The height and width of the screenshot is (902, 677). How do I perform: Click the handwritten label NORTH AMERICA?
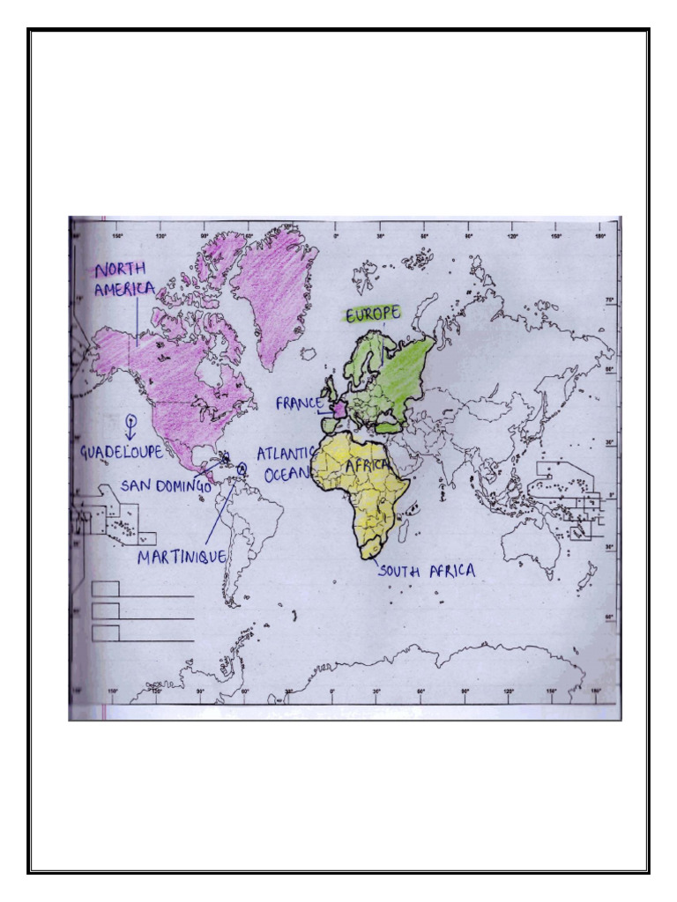pyautogui.click(x=124, y=278)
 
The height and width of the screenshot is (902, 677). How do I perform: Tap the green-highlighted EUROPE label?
pyautogui.click(x=372, y=313)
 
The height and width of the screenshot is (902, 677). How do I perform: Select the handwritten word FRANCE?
pyautogui.click(x=299, y=403)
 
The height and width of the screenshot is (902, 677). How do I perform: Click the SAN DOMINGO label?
pyautogui.click(x=166, y=485)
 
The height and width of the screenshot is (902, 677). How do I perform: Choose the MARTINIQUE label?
pyautogui.click(x=182, y=557)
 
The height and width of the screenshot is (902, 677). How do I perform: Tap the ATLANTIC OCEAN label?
pyautogui.click(x=285, y=463)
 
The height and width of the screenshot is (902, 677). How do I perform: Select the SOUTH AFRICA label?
pyautogui.click(x=428, y=572)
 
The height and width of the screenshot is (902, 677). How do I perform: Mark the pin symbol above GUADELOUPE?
pyautogui.click(x=130, y=425)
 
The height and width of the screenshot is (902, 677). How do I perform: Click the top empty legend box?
pyautogui.click(x=106, y=588)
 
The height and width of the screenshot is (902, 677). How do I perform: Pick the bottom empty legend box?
pyautogui.click(x=106, y=632)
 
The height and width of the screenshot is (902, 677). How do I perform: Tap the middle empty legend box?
pyautogui.click(x=106, y=610)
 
